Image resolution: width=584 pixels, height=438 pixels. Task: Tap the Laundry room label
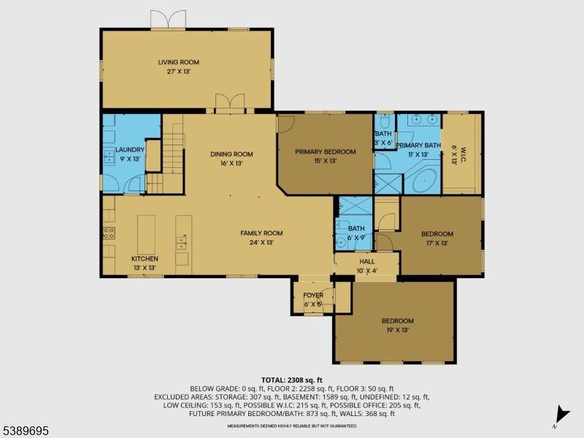[131, 154]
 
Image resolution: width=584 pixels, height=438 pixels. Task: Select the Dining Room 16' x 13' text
[231, 158]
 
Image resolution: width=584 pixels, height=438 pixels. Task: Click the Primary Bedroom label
[325, 156]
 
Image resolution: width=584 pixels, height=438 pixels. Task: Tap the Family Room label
[261, 237]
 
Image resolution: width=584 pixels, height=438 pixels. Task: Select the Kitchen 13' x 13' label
[145, 264]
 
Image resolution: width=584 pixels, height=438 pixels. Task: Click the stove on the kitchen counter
[108, 234]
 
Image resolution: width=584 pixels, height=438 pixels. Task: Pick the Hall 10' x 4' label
[367, 266]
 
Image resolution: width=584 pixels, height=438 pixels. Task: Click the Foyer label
[313, 299]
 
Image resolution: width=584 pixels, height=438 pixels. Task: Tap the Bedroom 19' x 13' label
[397, 325]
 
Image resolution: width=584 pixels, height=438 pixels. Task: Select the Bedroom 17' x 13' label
[437, 238]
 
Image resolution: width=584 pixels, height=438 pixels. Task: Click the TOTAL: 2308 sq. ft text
[291, 380]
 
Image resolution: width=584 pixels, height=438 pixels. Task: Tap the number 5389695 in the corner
[26, 431]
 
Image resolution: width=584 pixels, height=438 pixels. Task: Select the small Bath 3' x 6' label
[383, 138]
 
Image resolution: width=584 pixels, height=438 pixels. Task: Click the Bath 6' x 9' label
[356, 233]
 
